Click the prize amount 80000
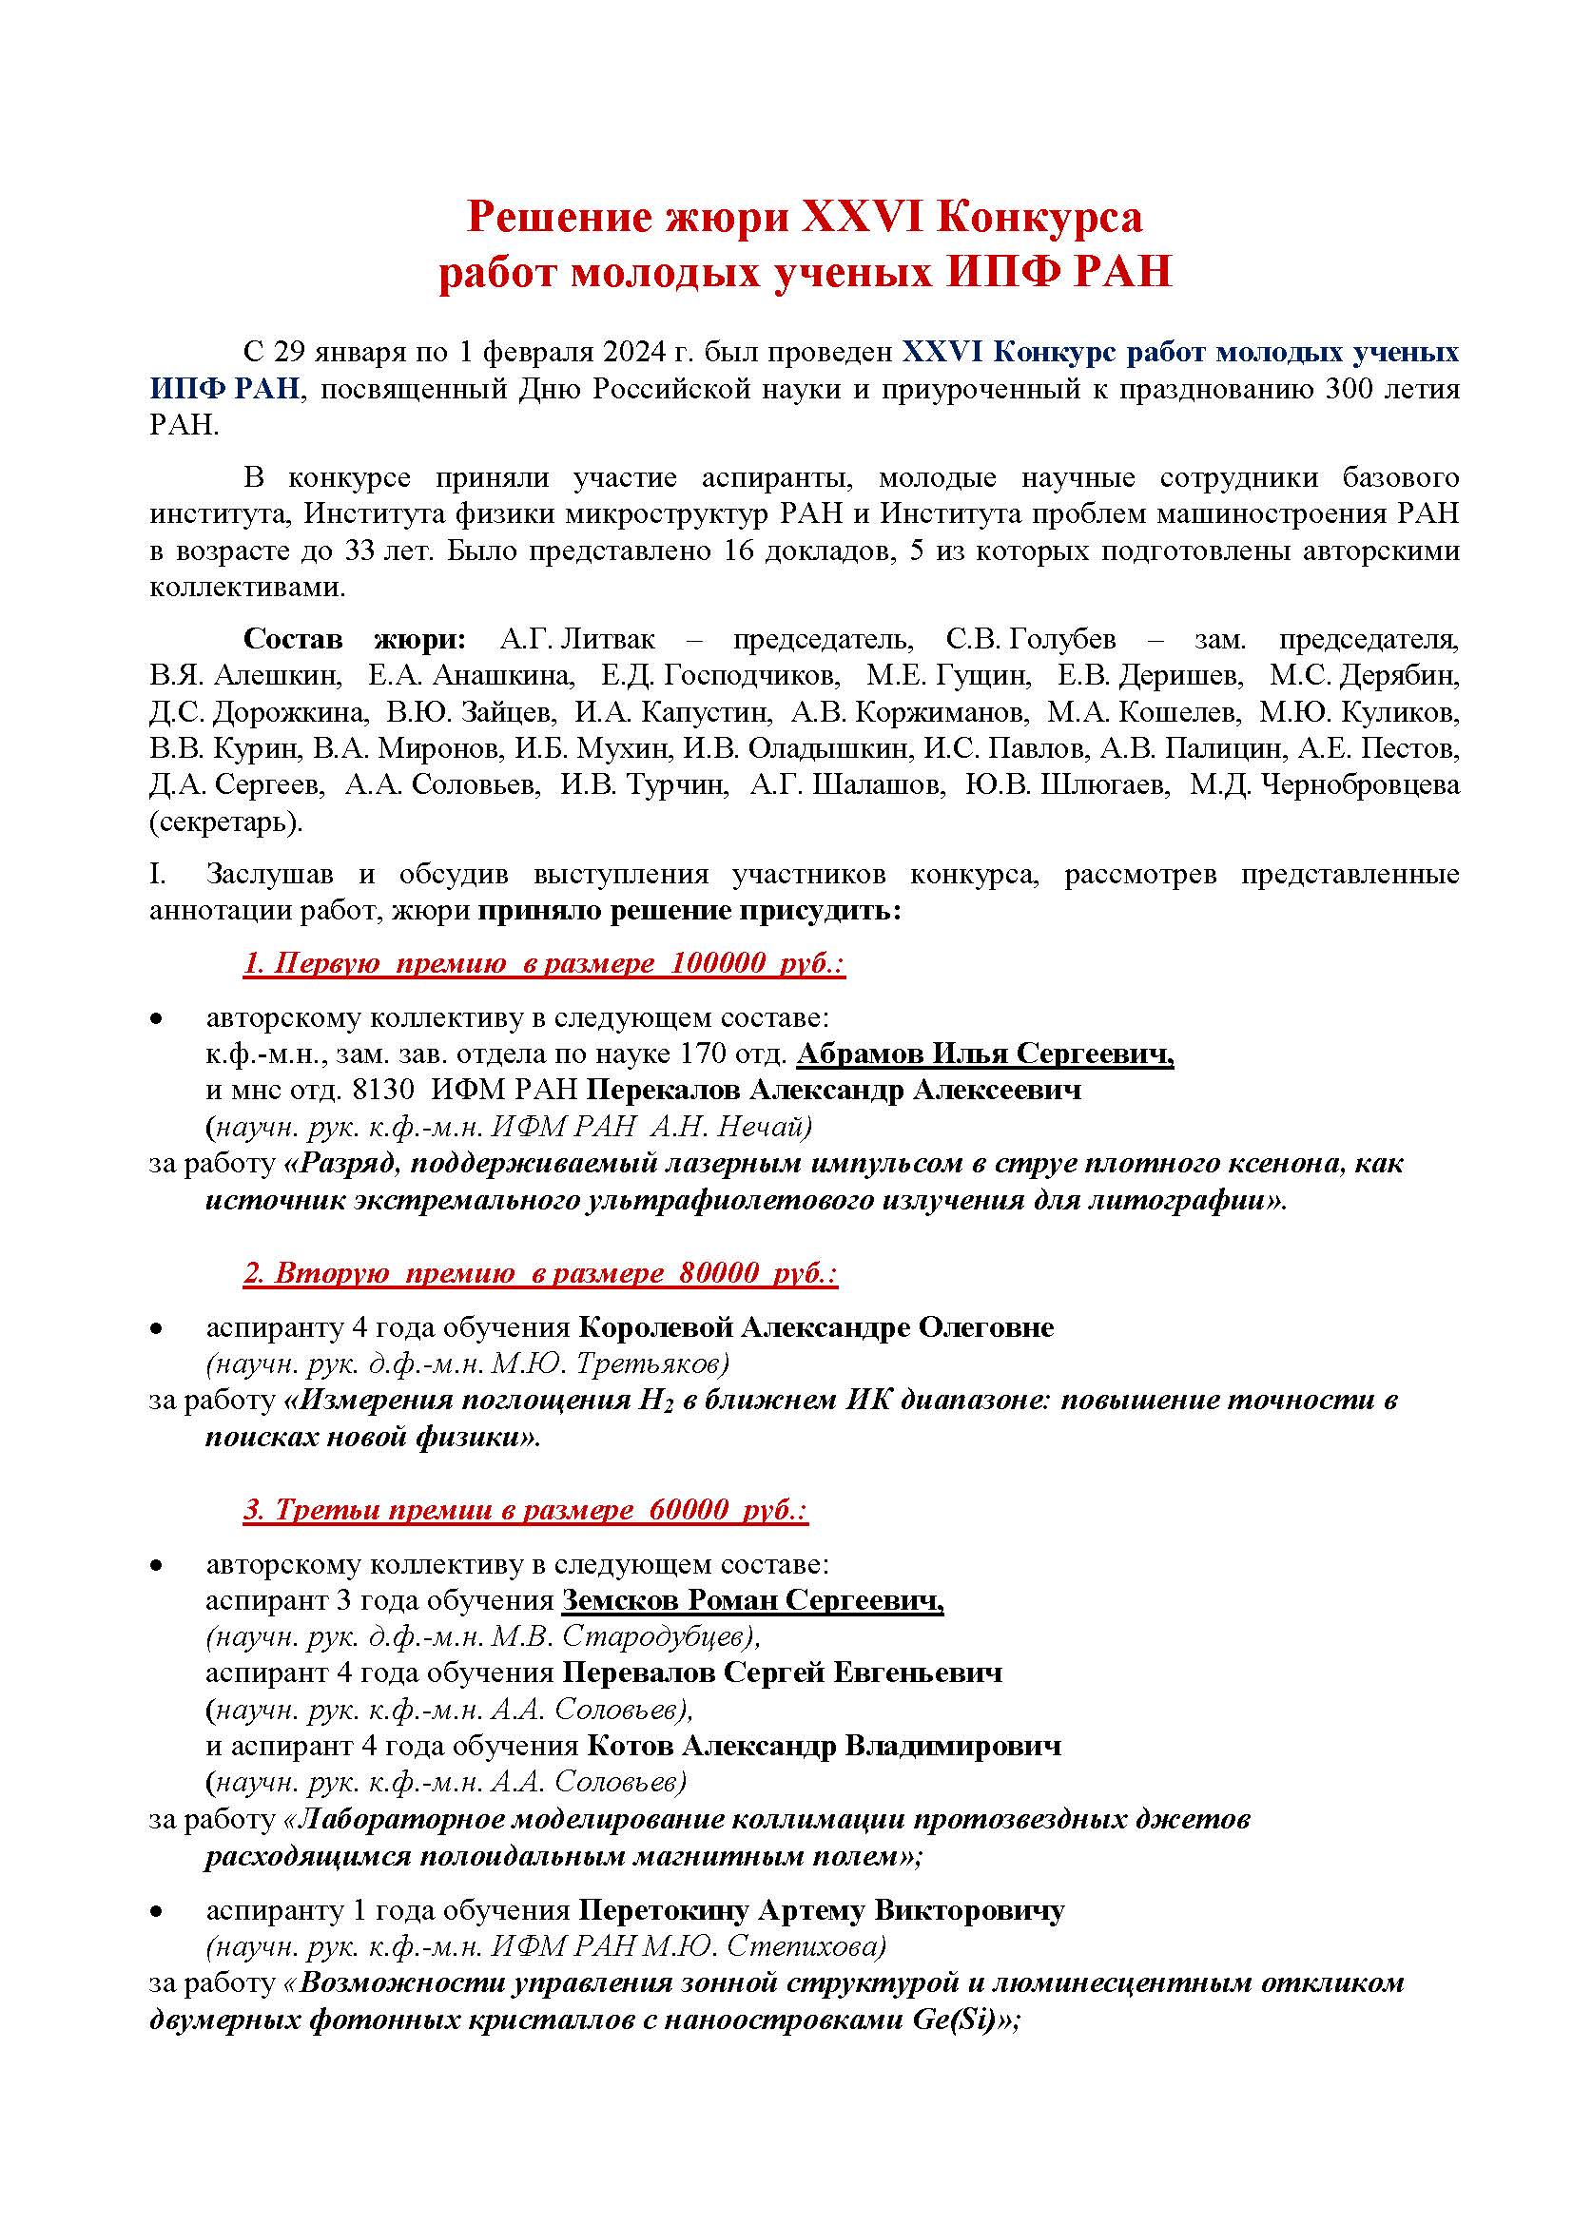click(719, 1273)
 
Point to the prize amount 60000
click(689, 1510)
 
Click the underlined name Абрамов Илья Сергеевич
click(984, 1054)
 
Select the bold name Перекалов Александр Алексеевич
click(834, 1090)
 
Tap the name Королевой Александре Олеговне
click(817, 1327)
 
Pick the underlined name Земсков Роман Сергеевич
click(751, 1601)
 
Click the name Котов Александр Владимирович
click(824, 1746)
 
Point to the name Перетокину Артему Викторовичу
click(822, 1910)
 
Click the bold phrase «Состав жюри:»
click(355, 639)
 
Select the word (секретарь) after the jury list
click(225, 822)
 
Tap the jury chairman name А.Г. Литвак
click(577, 639)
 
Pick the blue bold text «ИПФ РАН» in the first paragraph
click(224, 390)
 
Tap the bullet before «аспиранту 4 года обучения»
click(155, 1329)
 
